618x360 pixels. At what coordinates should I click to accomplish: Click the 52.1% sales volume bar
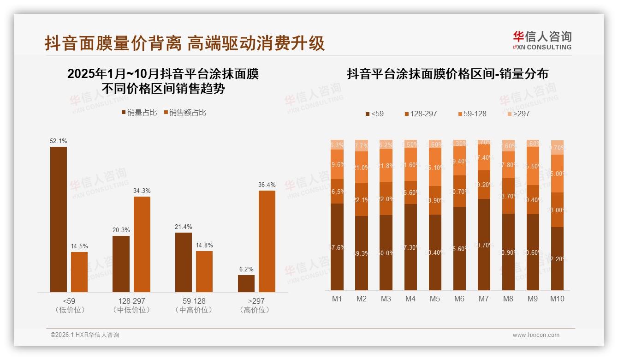click(x=59, y=219)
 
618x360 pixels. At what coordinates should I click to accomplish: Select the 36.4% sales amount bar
click(x=267, y=241)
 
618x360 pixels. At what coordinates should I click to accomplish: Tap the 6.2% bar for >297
click(x=246, y=283)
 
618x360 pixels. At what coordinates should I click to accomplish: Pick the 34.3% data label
click(x=142, y=191)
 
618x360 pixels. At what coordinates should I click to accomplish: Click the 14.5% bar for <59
click(x=79, y=272)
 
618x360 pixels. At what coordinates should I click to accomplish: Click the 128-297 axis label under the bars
click(x=131, y=301)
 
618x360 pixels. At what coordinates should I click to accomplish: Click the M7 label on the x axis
click(x=483, y=299)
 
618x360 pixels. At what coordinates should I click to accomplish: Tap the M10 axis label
click(x=557, y=299)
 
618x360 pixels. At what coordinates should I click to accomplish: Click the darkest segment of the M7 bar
click(x=483, y=245)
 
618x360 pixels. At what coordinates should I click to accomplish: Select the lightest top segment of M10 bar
click(x=557, y=147)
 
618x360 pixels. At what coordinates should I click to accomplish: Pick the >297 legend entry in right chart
click(x=518, y=114)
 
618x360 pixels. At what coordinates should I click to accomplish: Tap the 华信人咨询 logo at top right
click(x=542, y=40)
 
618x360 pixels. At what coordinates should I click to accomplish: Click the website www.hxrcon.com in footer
click(x=536, y=335)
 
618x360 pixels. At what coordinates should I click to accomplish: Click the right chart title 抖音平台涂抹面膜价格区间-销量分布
click(x=447, y=74)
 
